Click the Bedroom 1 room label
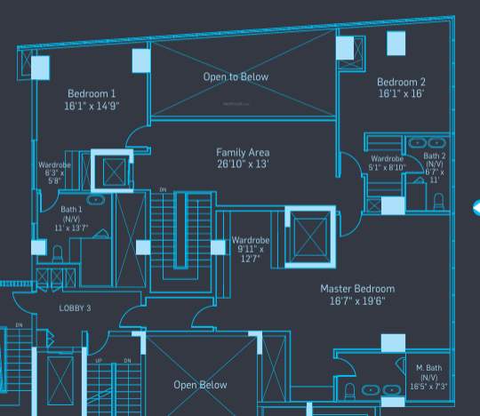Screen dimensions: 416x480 tap(91, 93)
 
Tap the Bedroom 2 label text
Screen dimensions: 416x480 tap(401, 82)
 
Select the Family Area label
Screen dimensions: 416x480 tap(243, 152)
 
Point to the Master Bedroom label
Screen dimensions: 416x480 tap(357, 289)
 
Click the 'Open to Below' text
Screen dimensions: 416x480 tap(236, 77)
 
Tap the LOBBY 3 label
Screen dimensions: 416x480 tap(76, 308)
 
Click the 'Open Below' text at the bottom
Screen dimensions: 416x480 tap(200, 385)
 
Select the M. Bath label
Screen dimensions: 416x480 tap(429, 366)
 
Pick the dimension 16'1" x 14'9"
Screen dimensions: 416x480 tap(91, 106)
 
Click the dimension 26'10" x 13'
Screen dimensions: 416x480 tap(243, 164)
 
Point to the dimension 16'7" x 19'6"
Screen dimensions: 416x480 tap(357, 301)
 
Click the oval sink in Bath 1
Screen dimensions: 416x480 tap(95, 200)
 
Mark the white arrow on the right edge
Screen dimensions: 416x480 tap(476, 209)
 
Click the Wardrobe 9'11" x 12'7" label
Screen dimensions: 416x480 tap(248, 249)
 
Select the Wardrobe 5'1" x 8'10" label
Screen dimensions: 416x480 tap(388, 163)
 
